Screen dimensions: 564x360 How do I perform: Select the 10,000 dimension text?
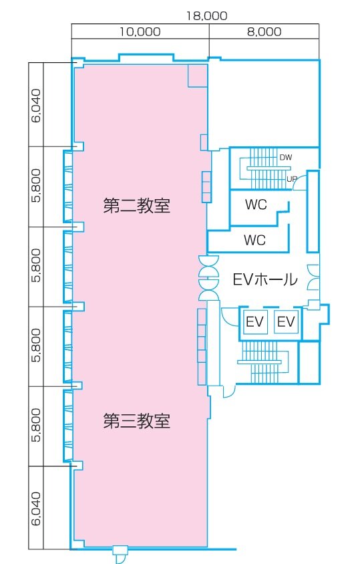[x=140, y=31]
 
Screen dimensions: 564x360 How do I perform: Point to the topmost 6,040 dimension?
[x=37, y=105]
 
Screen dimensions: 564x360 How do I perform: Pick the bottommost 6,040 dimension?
[x=37, y=509]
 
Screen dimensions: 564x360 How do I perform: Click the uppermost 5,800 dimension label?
[x=37, y=185]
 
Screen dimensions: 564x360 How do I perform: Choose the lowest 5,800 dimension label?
[x=37, y=426]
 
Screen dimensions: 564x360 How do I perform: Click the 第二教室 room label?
[x=137, y=206]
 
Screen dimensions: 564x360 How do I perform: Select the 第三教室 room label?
[x=137, y=421]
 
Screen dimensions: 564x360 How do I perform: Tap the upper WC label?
[x=255, y=204]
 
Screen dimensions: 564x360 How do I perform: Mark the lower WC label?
[x=255, y=239]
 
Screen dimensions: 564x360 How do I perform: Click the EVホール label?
[x=264, y=279]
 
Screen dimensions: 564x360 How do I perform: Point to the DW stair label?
[x=285, y=158]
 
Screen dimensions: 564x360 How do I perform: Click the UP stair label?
[x=291, y=179]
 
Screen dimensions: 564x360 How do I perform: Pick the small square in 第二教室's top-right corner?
[x=198, y=76]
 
